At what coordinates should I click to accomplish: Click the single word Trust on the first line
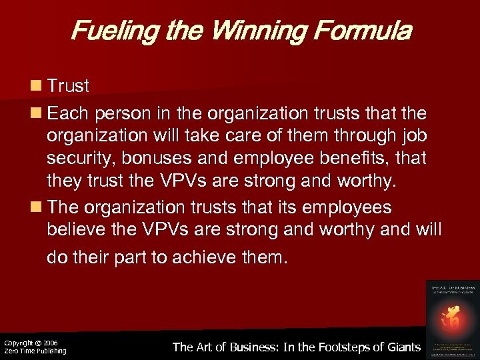(x=68, y=87)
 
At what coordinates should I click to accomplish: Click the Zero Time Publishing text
(x=35, y=351)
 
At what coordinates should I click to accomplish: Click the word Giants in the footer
(x=403, y=347)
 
